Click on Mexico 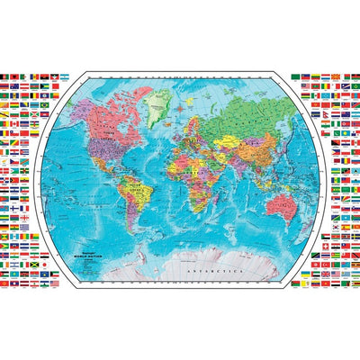point(103,175)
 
